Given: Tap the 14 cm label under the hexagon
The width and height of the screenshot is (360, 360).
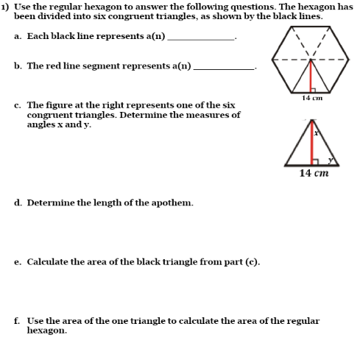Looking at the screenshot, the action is tap(313, 98).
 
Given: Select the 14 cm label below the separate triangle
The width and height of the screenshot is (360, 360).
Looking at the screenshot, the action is tap(314, 173).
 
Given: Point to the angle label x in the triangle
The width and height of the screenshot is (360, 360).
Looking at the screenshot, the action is tap(316, 133).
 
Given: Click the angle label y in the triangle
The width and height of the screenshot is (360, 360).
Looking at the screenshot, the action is tap(330, 159).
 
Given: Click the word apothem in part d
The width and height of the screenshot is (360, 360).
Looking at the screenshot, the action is tap(173, 202).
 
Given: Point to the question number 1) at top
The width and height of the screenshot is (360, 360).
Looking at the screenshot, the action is tap(4, 7).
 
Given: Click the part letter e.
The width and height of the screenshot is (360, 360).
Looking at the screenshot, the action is tap(17, 261).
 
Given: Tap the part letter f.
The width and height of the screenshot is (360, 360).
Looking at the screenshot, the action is tap(16, 321).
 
